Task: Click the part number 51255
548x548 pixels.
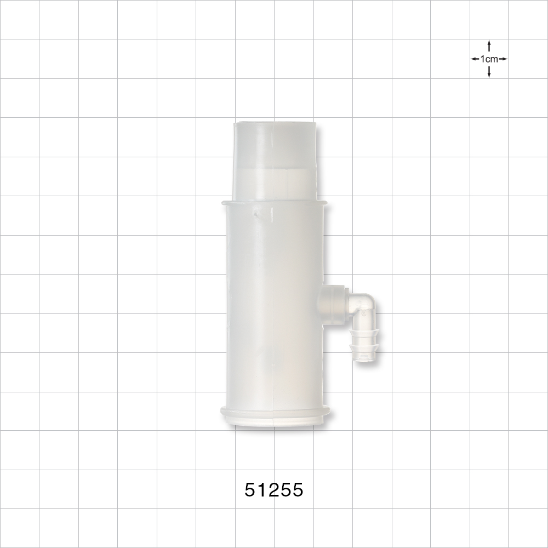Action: coord(273,489)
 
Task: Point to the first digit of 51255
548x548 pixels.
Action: coord(250,489)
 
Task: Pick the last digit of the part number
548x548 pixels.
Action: coord(297,489)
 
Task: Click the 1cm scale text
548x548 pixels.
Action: coord(489,59)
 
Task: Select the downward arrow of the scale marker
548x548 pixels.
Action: coord(489,73)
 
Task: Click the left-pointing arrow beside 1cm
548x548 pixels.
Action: coord(474,59)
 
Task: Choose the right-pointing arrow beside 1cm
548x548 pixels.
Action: coord(504,59)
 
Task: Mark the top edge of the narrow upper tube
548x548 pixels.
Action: coord(275,124)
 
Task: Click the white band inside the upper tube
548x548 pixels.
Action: coord(275,181)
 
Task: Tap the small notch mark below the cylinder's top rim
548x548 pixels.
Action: coord(264,215)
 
